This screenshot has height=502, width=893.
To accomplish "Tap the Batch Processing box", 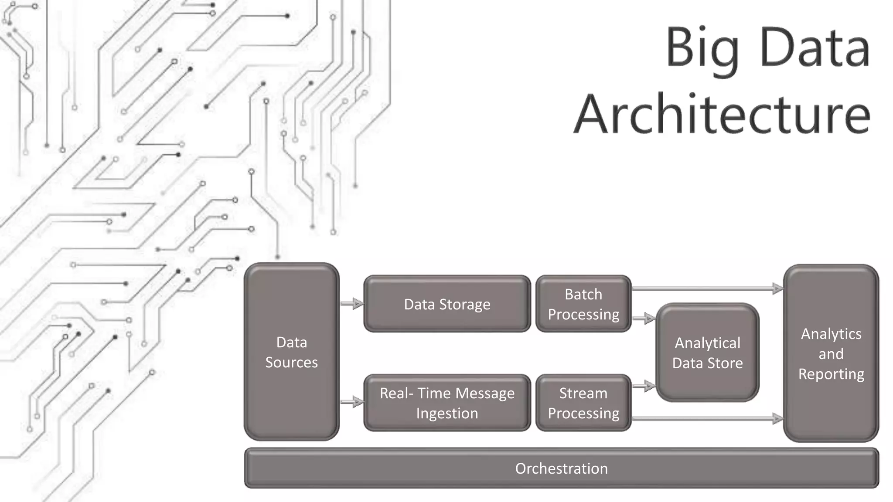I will [x=583, y=304].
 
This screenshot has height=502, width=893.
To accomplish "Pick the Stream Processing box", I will [x=583, y=403].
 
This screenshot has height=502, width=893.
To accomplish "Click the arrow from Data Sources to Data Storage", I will [x=351, y=303].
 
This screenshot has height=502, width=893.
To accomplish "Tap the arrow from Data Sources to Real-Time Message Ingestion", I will [x=351, y=402].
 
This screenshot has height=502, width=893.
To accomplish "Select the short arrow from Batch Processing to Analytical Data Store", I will [x=644, y=319].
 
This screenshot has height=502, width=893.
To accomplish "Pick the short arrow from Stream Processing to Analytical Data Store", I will [x=644, y=386].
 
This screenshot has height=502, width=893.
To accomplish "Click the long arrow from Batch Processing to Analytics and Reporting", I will [x=706, y=288].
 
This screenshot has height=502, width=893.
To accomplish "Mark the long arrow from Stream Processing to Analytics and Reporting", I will [x=706, y=418].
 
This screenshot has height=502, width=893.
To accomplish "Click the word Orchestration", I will [x=561, y=468].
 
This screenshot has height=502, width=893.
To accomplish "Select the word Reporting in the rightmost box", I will [x=831, y=374].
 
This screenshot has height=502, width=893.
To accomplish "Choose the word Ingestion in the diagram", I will [x=447, y=413].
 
